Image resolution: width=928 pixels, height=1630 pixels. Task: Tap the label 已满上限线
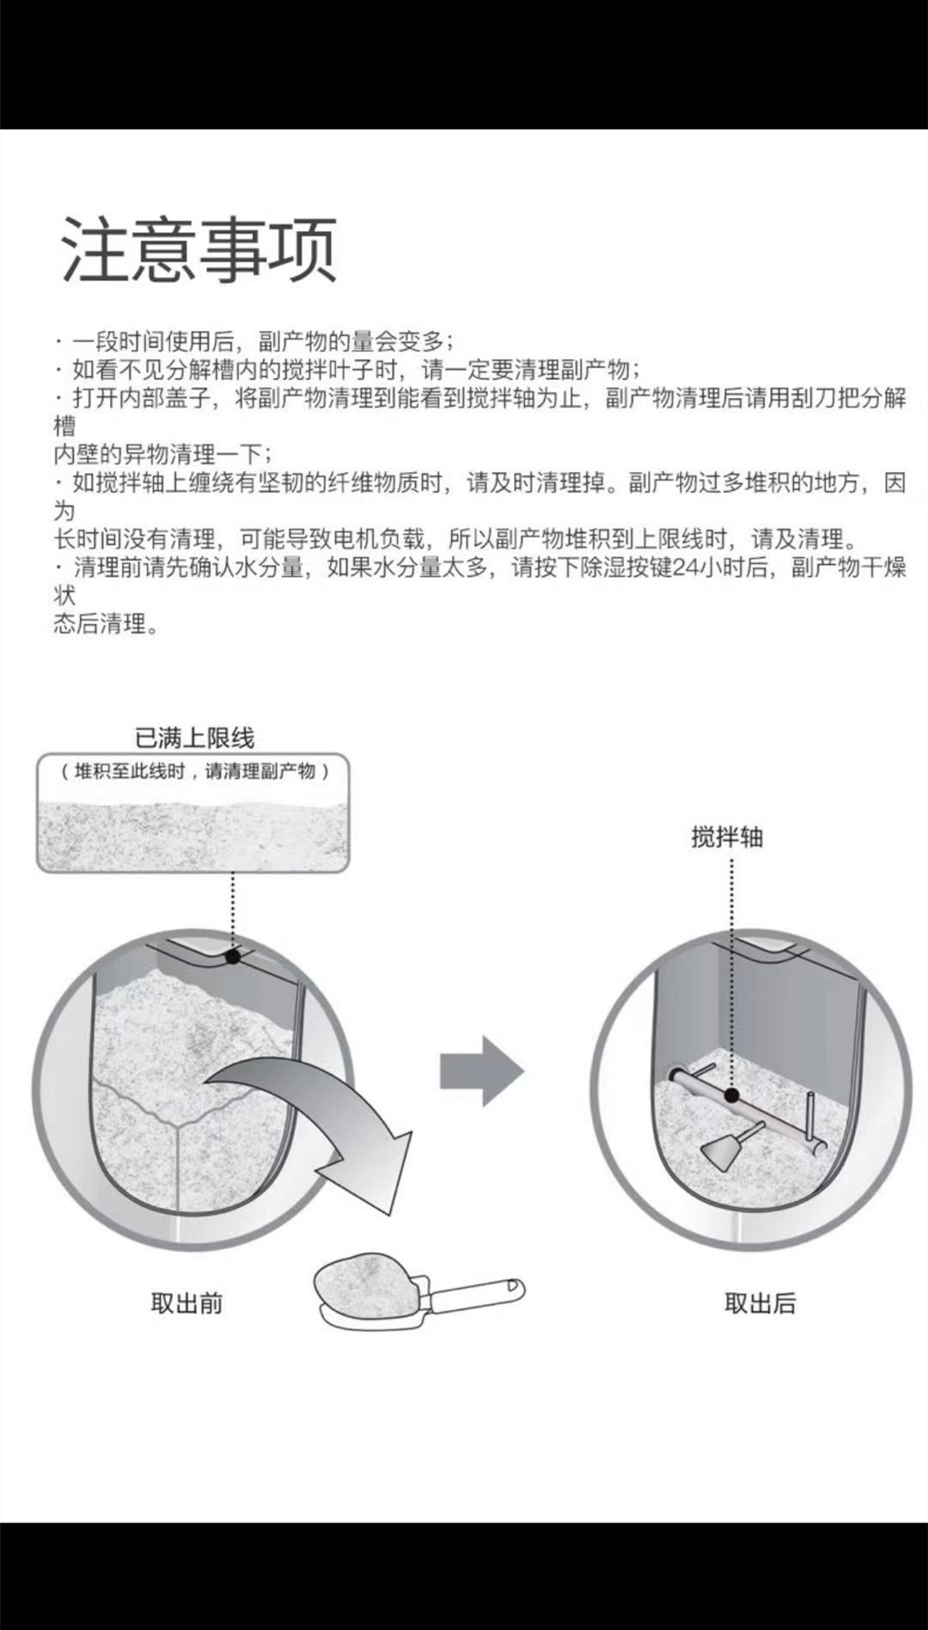coord(195,738)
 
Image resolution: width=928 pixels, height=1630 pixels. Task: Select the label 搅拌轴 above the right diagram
coord(727,836)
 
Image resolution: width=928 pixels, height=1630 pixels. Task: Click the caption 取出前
coord(186,1303)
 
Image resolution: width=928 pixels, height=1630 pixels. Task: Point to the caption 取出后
coord(760,1303)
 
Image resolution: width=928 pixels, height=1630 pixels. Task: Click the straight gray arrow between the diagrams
coord(481,1071)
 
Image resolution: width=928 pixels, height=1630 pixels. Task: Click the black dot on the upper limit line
coord(233,955)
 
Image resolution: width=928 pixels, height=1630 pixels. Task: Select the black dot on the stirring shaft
coord(731,1094)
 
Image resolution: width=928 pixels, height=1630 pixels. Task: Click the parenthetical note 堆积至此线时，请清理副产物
coord(194,771)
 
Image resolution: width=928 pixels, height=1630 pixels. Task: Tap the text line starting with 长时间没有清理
coord(455,539)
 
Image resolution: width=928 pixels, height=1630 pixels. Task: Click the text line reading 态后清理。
coord(107,624)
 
